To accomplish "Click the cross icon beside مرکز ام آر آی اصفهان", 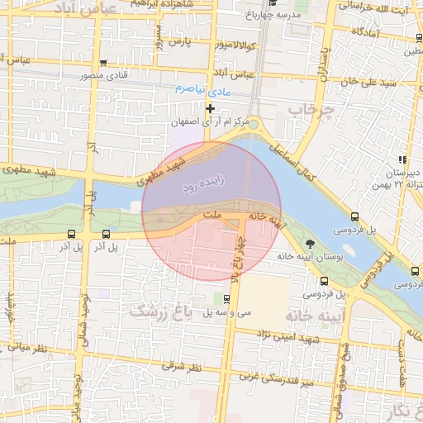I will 210,108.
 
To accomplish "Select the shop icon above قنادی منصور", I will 102,64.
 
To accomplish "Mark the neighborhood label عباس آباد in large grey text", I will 81,7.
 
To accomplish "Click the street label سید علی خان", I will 363,82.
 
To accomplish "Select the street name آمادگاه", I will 364,31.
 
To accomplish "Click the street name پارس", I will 180,39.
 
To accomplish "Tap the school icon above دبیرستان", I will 402,159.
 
